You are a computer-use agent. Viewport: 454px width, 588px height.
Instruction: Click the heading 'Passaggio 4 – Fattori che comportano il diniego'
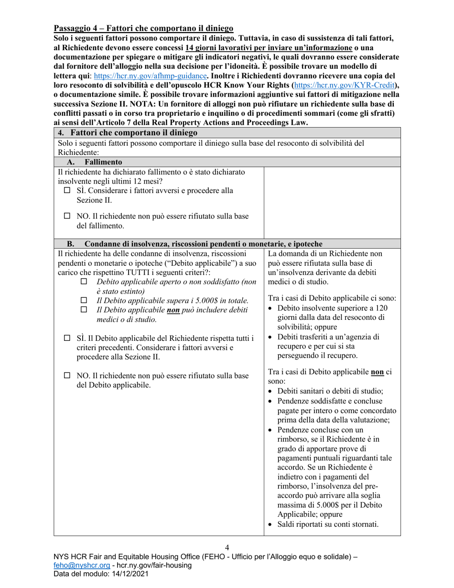pos(143,28)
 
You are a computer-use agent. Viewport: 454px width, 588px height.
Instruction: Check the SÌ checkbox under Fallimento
pos(67,191)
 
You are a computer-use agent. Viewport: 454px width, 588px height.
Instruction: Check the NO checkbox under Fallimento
pos(67,217)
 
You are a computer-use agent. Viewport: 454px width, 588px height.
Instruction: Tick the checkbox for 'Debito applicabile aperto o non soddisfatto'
pos(84,283)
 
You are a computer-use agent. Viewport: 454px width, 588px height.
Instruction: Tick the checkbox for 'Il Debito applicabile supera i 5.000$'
pos(84,301)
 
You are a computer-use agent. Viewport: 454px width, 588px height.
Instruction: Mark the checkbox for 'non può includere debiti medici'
pos(84,310)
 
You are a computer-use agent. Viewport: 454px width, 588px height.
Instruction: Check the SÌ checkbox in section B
pos(67,339)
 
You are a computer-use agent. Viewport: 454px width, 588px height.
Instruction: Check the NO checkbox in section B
pos(67,376)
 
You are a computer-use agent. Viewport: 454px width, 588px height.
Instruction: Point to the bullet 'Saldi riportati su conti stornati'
pos(328,524)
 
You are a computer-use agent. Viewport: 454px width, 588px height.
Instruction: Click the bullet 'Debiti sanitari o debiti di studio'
pos(330,391)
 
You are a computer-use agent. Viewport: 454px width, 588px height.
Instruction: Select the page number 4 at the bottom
pos(227,547)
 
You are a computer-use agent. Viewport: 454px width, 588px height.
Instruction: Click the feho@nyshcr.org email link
pos(82,565)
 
